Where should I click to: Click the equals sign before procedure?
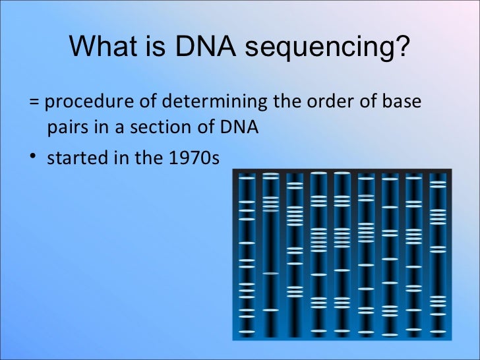point(34,103)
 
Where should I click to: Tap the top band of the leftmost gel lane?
point(247,178)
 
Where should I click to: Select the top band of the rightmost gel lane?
point(438,177)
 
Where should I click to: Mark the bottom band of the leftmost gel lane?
point(247,330)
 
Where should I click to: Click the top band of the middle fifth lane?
point(342,174)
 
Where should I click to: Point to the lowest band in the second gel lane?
point(270,309)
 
